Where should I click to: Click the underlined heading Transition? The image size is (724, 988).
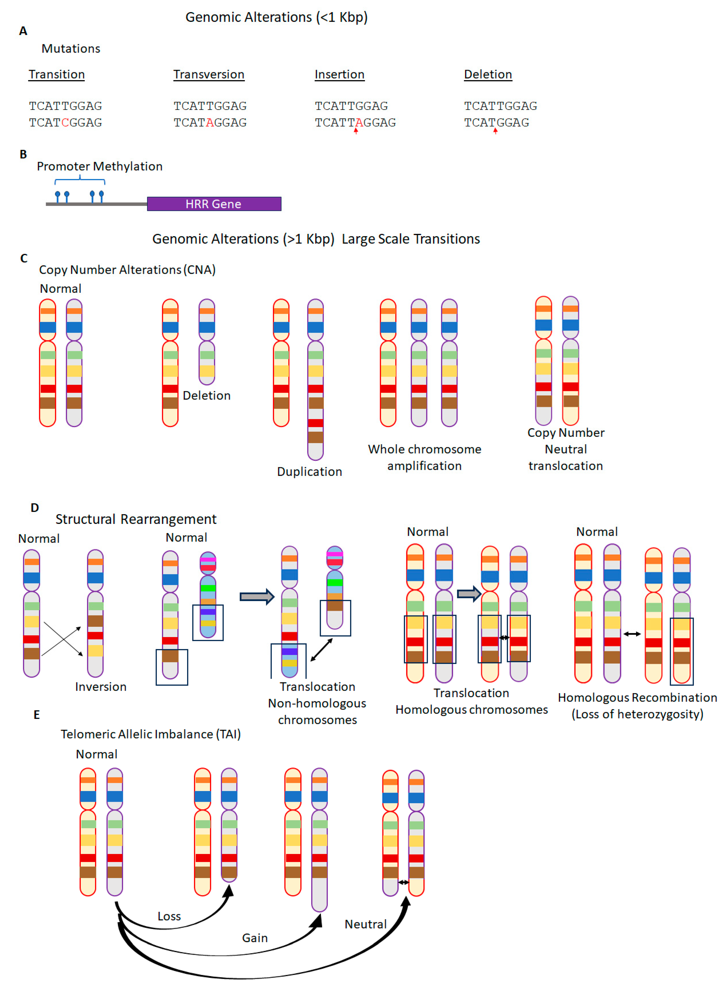(57, 74)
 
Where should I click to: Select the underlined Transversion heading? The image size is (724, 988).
(209, 74)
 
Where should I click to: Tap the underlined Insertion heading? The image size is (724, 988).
(339, 74)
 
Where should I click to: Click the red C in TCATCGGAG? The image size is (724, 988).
(65, 123)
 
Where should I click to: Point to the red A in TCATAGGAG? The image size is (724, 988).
(210, 123)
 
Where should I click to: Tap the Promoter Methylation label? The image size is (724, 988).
(100, 166)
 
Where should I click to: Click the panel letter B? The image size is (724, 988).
(23, 154)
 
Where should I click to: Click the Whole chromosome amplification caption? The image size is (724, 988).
(424, 457)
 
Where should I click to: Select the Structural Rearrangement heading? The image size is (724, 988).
(136, 519)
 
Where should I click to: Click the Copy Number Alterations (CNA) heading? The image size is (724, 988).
(127, 270)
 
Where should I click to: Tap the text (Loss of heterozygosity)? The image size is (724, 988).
(637, 714)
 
